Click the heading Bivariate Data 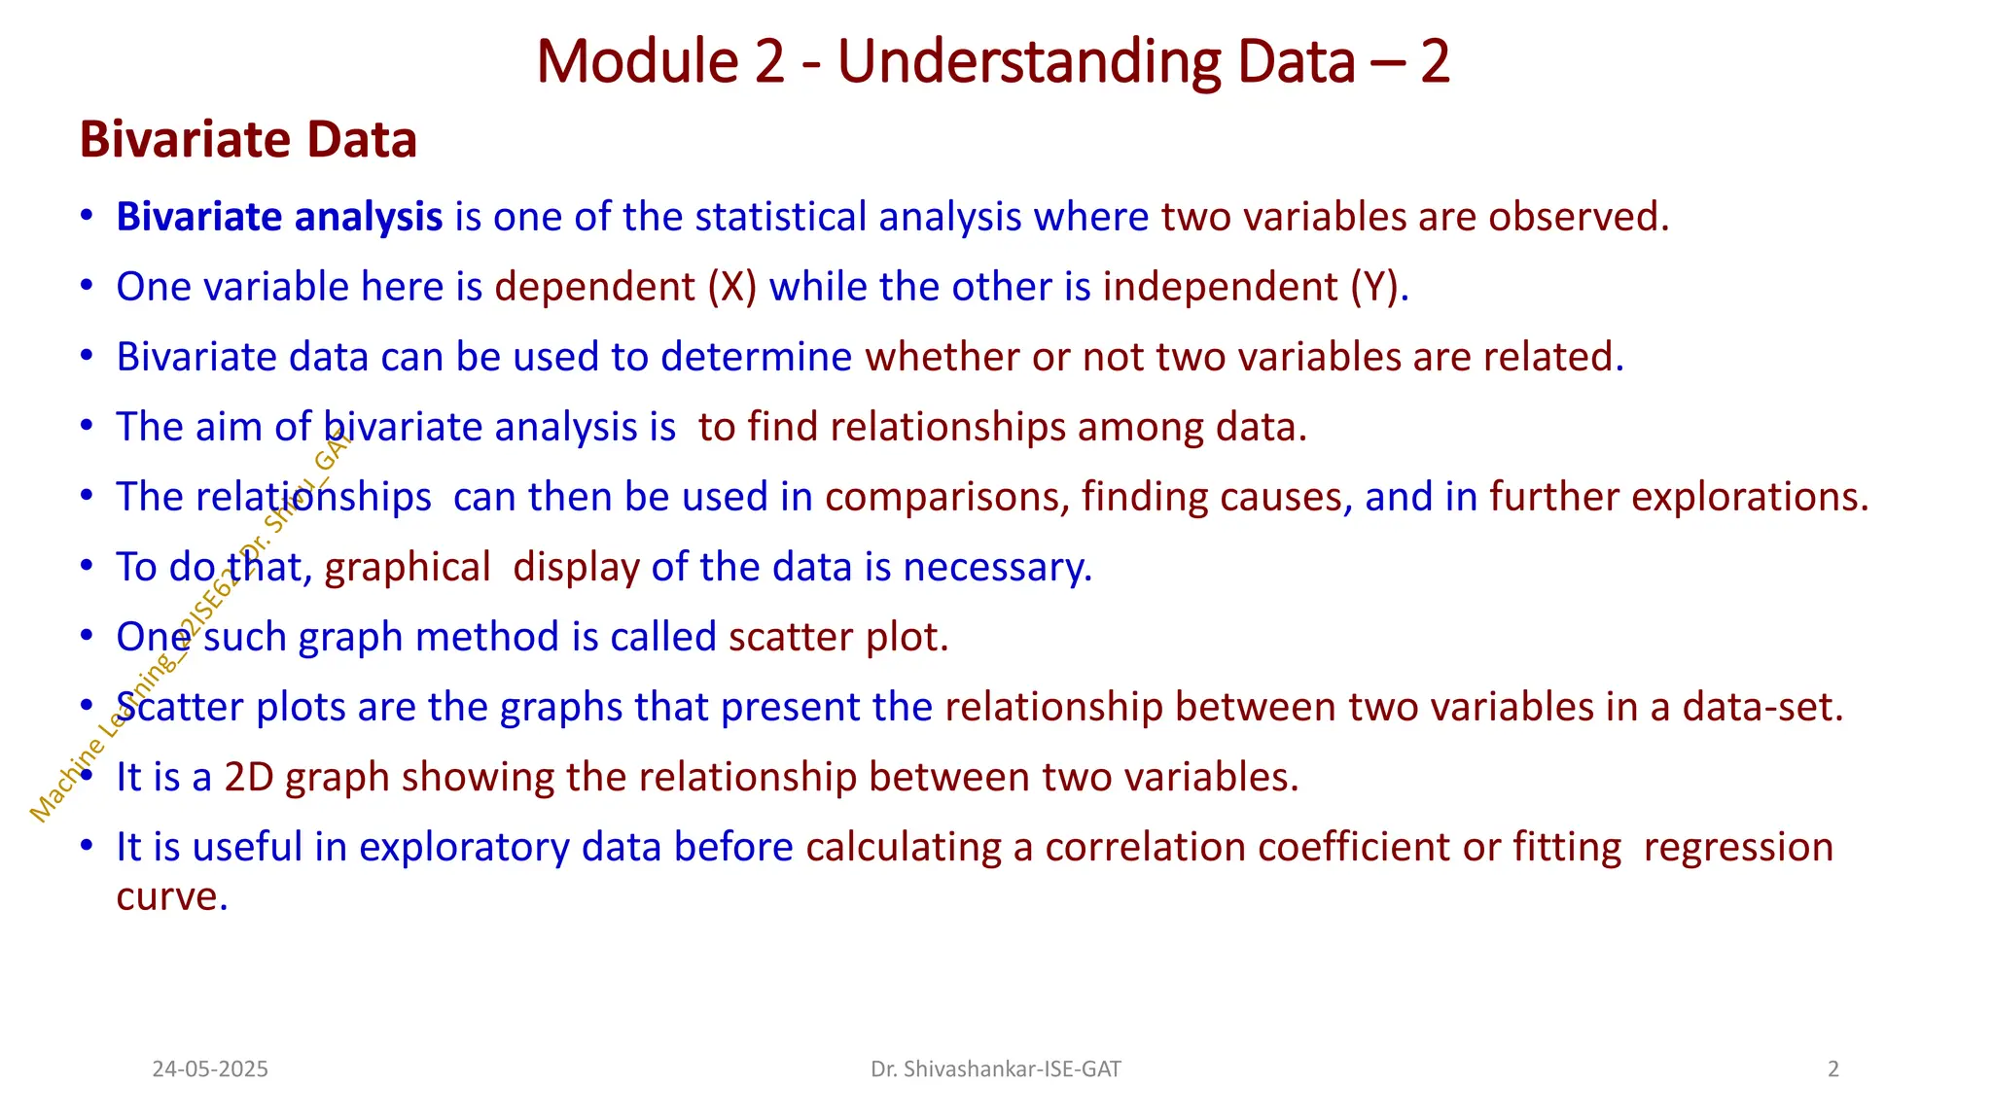pos(248,139)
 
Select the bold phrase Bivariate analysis pos(279,217)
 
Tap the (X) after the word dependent pos(731,287)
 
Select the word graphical pos(408,567)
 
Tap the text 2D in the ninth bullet pos(248,777)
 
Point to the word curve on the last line pos(170,896)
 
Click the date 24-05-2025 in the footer pos(210,1069)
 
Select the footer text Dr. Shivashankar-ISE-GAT pos(995,1069)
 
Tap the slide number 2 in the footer pos(1832,1069)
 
